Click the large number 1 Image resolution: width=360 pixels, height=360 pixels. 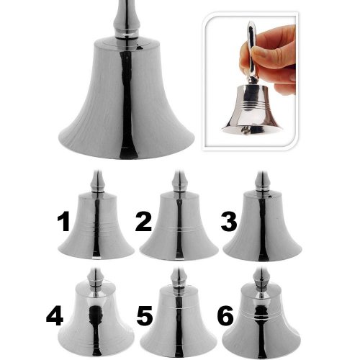click(63, 222)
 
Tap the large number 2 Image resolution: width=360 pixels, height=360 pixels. click(143, 222)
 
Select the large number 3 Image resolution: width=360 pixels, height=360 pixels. click(229, 222)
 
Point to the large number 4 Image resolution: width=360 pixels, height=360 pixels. click(55, 317)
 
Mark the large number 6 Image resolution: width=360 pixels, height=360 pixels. click(225, 317)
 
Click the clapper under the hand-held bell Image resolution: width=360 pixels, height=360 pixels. click(245, 130)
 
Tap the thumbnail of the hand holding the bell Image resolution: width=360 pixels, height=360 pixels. click(250, 81)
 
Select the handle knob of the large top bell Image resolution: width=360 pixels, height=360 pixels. click(126, 19)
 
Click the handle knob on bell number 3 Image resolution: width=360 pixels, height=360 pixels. click(263, 181)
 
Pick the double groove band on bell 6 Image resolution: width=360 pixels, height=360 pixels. click(261, 313)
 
